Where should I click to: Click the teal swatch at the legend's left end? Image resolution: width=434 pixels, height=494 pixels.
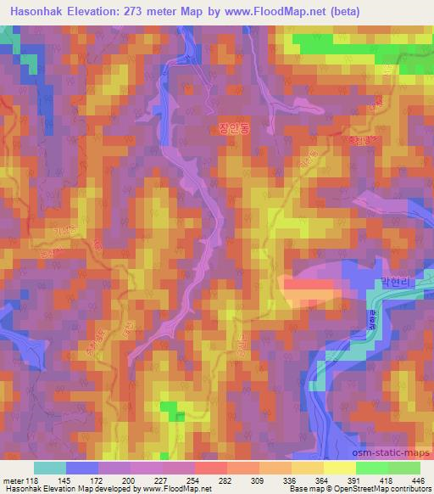click(x=50, y=468)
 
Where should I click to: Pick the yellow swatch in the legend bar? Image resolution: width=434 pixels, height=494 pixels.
click(x=339, y=468)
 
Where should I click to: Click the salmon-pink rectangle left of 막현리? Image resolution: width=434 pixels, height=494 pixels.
click(x=310, y=293)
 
